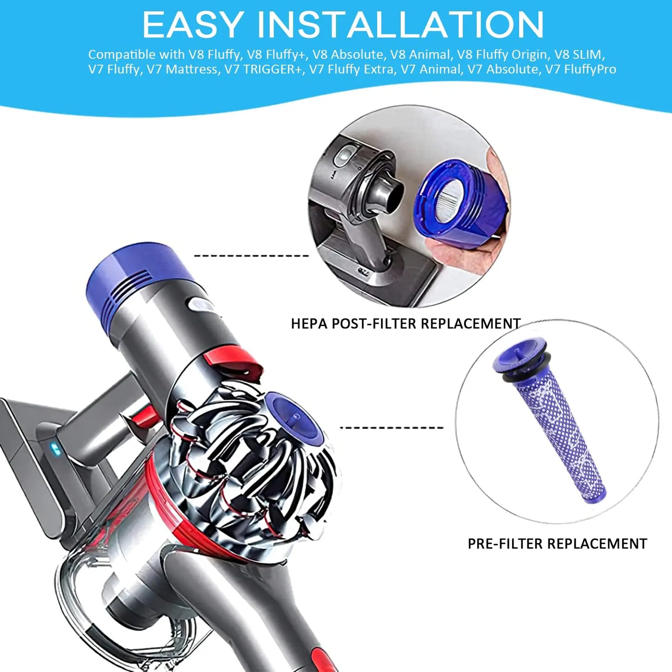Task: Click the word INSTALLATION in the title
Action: [x=399, y=24]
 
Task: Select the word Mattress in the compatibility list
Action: [x=191, y=69]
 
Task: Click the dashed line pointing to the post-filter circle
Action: [x=251, y=256]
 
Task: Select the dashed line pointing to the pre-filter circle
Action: [x=392, y=427]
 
